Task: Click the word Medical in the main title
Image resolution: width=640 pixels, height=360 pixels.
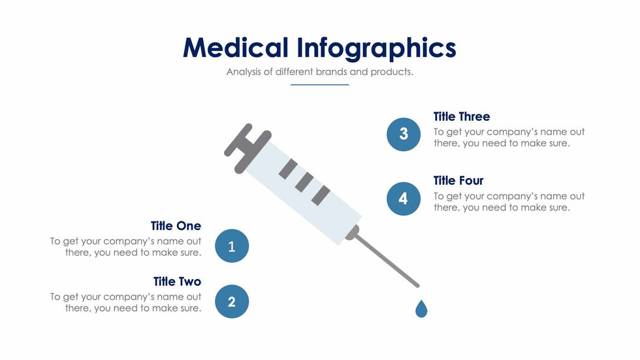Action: click(x=235, y=48)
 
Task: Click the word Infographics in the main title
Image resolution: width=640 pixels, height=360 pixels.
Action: click(x=376, y=48)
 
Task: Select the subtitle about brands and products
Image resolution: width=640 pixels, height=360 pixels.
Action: click(x=319, y=72)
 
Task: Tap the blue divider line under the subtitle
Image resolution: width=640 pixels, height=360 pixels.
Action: click(x=319, y=84)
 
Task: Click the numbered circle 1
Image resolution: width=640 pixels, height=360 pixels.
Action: click(x=231, y=246)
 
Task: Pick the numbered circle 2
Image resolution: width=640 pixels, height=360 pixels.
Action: click(x=231, y=301)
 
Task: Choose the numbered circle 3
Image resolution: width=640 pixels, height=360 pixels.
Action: click(x=404, y=134)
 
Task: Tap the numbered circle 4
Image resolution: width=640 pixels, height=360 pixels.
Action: click(x=404, y=199)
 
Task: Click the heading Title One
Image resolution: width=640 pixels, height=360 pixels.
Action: click(x=176, y=226)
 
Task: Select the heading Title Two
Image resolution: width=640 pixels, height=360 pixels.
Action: click(x=177, y=282)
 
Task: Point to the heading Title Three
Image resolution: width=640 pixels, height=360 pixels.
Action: click(x=461, y=117)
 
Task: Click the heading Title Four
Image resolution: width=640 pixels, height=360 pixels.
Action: click(x=458, y=180)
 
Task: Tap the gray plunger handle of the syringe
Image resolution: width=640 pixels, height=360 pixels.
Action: click(x=246, y=147)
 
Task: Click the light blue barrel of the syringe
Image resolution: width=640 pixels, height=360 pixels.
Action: click(x=313, y=193)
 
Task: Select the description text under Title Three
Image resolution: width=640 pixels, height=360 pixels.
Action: click(x=509, y=138)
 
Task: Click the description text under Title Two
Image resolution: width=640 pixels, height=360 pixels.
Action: click(x=126, y=303)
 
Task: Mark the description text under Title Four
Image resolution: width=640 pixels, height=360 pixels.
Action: click(x=509, y=202)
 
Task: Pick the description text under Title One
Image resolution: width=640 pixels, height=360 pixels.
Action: click(x=126, y=247)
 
